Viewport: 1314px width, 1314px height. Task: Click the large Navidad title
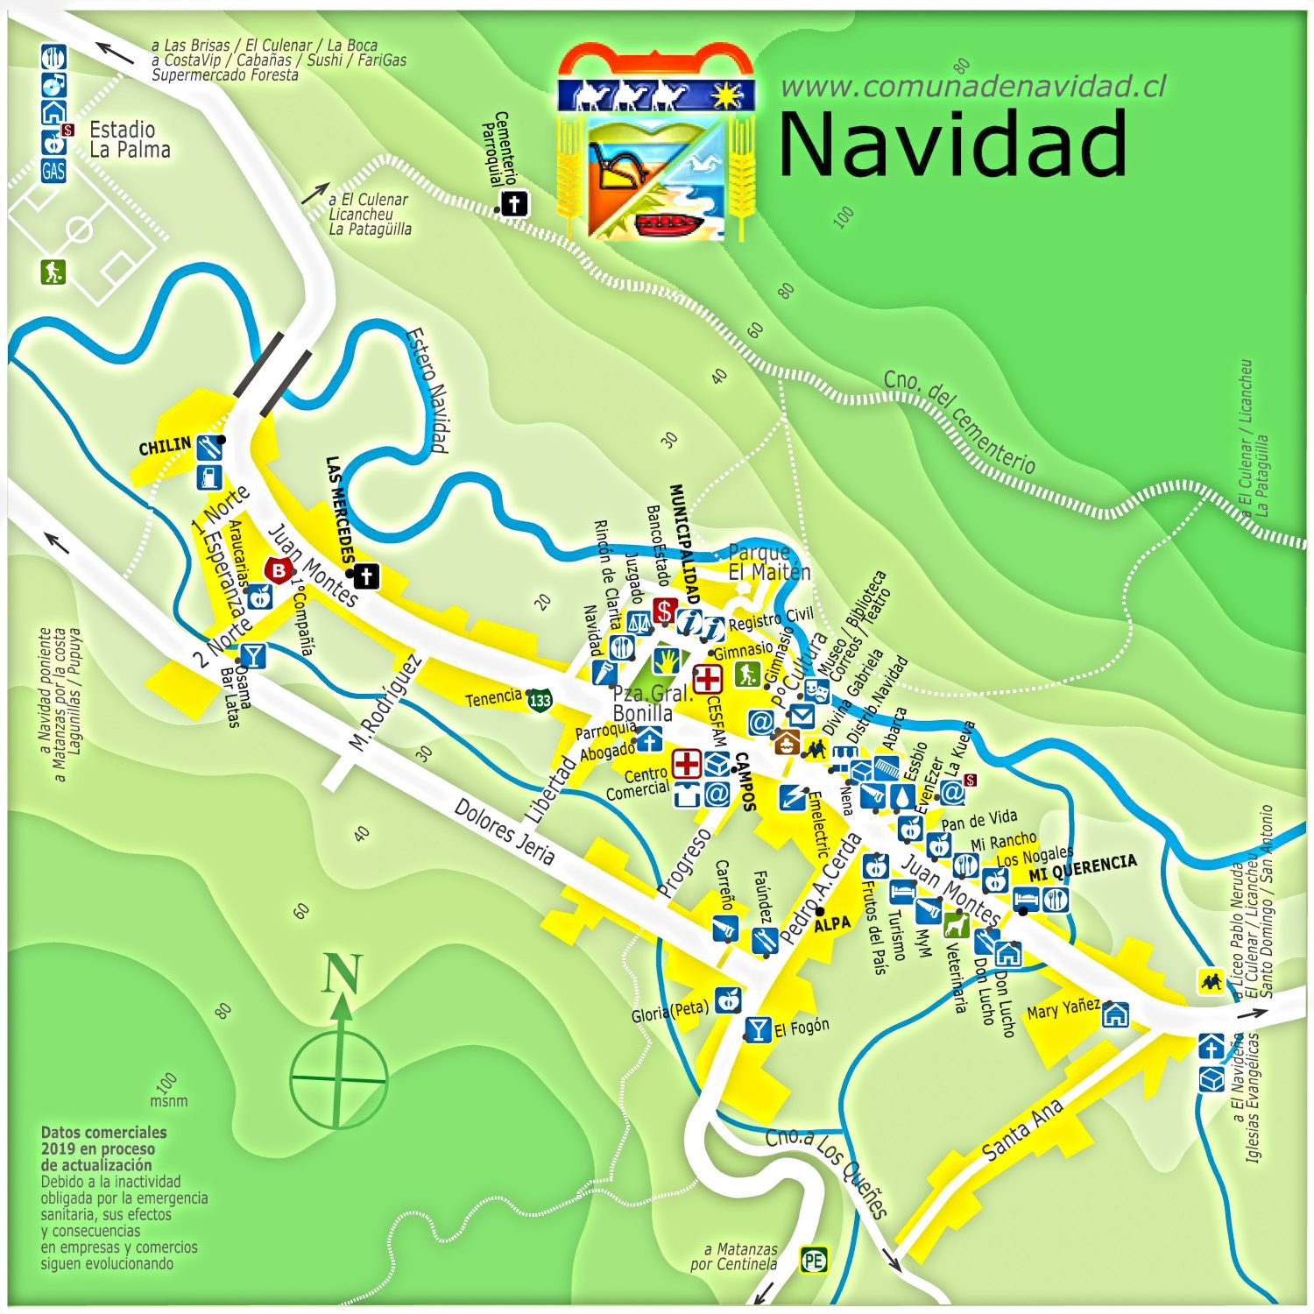point(952,145)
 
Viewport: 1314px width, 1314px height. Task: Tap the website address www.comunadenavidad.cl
point(972,86)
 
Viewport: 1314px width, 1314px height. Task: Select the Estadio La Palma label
point(130,140)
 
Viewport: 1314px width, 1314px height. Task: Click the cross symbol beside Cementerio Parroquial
point(514,204)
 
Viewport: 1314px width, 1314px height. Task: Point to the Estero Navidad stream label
point(428,390)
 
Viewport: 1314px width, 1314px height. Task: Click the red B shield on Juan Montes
point(279,570)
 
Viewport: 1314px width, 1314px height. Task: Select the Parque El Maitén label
point(769,562)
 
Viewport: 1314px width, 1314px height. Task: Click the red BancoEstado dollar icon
point(665,611)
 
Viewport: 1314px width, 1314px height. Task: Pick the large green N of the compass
point(342,974)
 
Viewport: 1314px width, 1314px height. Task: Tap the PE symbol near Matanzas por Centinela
point(814,1261)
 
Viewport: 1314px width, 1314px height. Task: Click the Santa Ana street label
point(1022,1130)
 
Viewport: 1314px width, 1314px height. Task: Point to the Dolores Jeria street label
point(504,832)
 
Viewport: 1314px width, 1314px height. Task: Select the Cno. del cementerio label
point(959,421)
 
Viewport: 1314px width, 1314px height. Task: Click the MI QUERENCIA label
point(1083,867)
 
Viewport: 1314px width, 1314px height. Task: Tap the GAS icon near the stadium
point(53,171)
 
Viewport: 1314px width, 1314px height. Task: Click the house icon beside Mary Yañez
point(1115,1014)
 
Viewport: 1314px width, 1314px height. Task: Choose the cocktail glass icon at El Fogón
point(758,1028)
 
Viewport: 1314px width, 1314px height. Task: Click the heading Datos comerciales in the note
point(103,1132)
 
